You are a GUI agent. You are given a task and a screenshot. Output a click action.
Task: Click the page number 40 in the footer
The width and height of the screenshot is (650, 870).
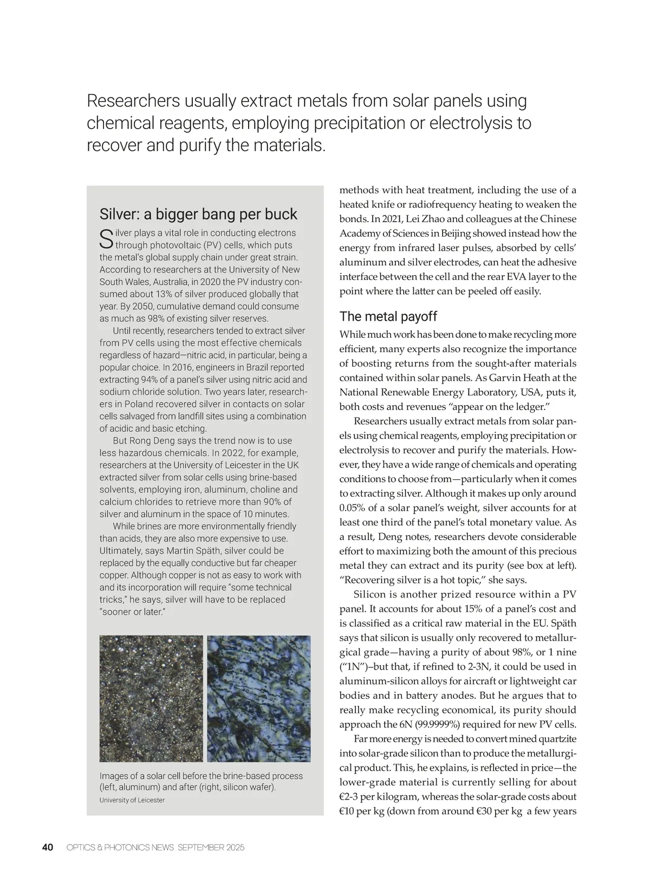pyautogui.click(x=48, y=847)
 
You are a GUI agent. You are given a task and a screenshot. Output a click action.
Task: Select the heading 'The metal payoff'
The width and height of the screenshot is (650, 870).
pyautogui.click(x=388, y=316)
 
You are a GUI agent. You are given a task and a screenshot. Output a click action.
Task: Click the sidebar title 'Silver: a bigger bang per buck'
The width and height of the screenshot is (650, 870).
pyautogui.click(x=198, y=214)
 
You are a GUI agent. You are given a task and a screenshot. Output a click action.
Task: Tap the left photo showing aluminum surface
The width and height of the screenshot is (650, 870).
pyautogui.click(x=151, y=698)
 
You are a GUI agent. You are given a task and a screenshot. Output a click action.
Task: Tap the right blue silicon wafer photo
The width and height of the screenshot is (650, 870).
pyautogui.click(x=259, y=698)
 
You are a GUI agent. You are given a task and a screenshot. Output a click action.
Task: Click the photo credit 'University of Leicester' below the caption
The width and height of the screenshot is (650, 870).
pyautogui.click(x=132, y=800)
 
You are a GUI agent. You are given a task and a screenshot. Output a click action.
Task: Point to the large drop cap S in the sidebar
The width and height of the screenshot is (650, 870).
pyautogui.click(x=107, y=239)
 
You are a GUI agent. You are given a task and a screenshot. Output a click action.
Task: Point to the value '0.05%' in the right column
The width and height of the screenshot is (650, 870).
pyautogui.click(x=352, y=508)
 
